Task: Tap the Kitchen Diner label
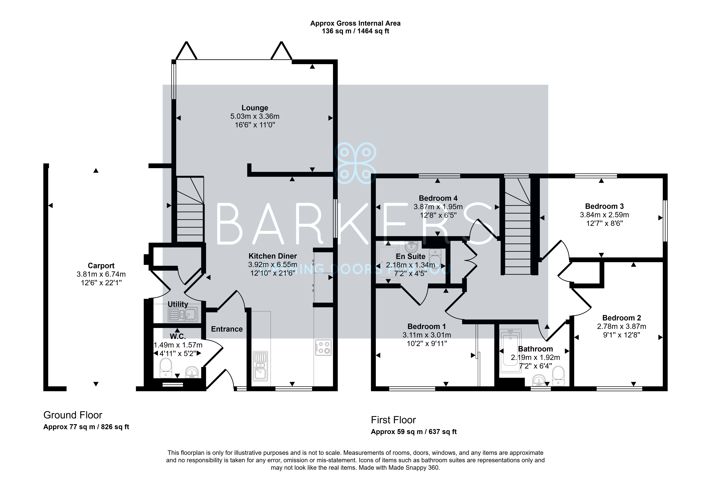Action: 273,256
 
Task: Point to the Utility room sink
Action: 183,314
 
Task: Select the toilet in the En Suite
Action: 435,259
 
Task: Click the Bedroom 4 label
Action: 438,198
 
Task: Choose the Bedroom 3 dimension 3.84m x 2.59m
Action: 604,215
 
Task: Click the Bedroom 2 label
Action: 622,318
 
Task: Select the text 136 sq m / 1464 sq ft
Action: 355,31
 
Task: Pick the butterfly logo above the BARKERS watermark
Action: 355,163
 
